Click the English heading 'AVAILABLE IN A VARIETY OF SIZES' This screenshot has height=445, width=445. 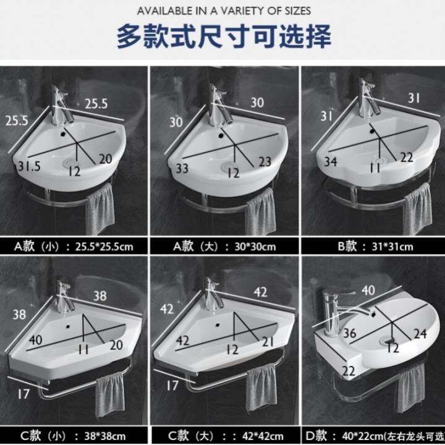click(x=224, y=11)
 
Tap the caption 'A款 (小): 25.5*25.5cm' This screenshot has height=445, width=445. click(x=74, y=247)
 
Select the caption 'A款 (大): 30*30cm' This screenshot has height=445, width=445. click(x=224, y=247)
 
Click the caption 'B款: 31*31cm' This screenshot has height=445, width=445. click(x=371, y=247)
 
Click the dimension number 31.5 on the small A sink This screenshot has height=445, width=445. click(x=29, y=166)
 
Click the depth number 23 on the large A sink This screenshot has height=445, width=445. click(x=265, y=163)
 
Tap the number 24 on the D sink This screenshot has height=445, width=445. click(x=420, y=334)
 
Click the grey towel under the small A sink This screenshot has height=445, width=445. click(x=99, y=210)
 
